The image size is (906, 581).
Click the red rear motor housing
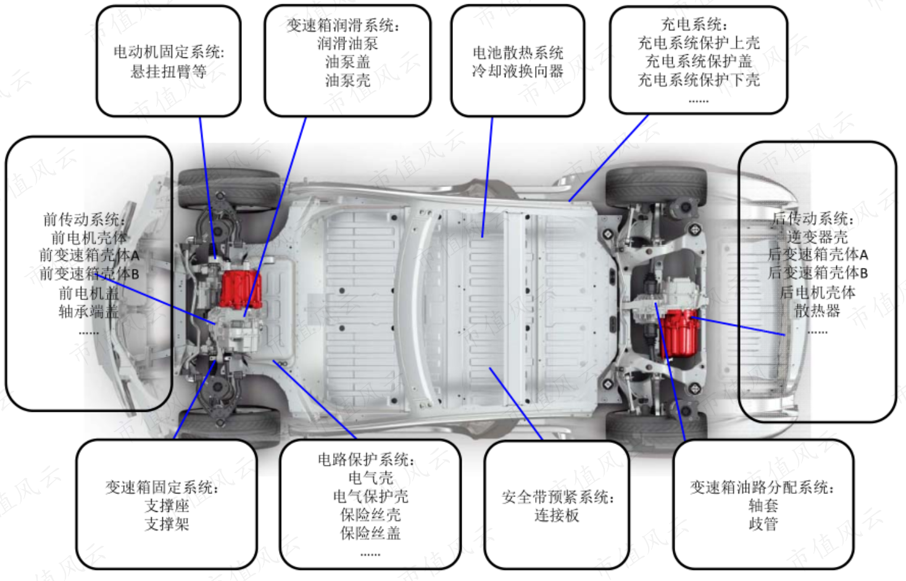pos(679,333)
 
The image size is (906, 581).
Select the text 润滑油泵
pos(347,43)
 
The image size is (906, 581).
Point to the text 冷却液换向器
pos(518,71)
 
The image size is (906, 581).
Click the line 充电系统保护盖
pos(699,62)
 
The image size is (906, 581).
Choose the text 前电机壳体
pos(89,238)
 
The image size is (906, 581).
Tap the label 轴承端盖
pos(89,311)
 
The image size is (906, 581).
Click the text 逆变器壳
pos(817,236)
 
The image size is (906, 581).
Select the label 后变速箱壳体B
pos(818,273)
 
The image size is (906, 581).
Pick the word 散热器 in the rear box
pos(817,311)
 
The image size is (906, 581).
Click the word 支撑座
pos(167,506)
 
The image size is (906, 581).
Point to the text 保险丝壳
pos(370,515)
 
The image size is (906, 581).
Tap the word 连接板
pos(557,516)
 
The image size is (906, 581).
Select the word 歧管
pos(763,524)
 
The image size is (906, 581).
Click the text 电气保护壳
pos(370,496)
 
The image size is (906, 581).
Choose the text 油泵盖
pos(347,62)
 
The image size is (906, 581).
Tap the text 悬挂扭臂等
pos(168,72)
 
